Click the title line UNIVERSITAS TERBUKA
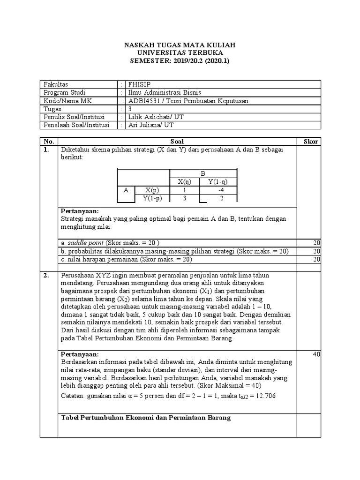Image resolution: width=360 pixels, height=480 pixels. [180, 53]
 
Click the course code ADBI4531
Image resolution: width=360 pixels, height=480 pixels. [144, 100]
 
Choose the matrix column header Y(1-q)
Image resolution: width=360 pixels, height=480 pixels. [218, 182]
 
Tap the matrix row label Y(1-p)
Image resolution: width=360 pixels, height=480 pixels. [152, 198]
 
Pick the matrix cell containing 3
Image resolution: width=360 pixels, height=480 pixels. [184, 198]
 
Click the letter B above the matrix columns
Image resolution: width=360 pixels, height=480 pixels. [203, 173]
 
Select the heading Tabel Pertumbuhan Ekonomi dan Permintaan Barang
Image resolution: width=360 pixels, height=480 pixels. [146, 418]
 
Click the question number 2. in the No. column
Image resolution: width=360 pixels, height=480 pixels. [46, 276]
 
